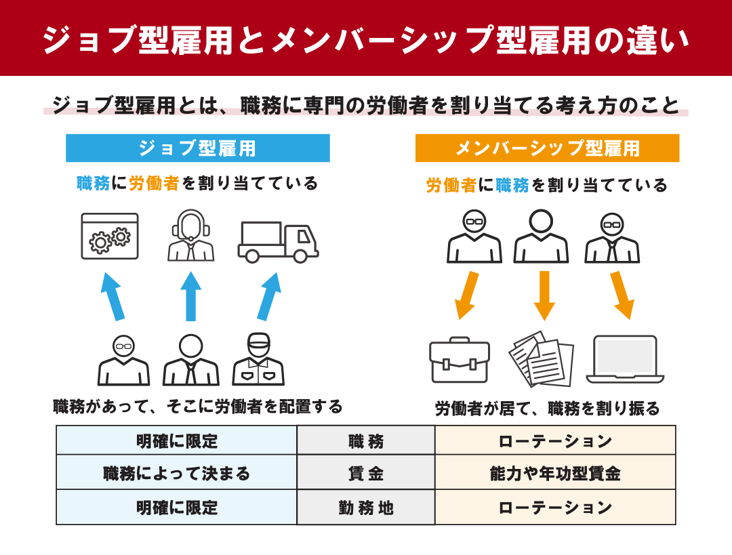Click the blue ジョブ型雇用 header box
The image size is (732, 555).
click(x=197, y=148)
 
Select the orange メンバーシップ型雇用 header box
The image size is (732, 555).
click(x=547, y=148)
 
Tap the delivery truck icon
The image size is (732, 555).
click(x=279, y=242)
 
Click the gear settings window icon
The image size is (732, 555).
click(x=110, y=237)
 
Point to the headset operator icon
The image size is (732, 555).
click(x=190, y=235)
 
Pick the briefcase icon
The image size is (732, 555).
click(x=460, y=359)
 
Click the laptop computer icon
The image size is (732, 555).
click(x=625, y=359)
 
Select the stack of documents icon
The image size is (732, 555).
click(x=542, y=358)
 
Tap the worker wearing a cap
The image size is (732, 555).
click(x=258, y=359)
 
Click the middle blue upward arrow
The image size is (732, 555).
click(x=190, y=296)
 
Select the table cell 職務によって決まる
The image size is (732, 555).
click(x=176, y=473)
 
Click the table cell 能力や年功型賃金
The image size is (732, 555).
click(x=555, y=473)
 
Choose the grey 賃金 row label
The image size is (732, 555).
click(x=366, y=473)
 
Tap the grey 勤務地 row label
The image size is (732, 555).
click(x=366, y=508)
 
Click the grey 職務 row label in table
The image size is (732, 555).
click(x=366, y=440)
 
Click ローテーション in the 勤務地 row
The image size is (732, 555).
click(x=555, y=508)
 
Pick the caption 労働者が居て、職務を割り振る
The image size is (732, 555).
click(x=547, y=409)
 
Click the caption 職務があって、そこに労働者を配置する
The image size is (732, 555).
click(x=198, y=407)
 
